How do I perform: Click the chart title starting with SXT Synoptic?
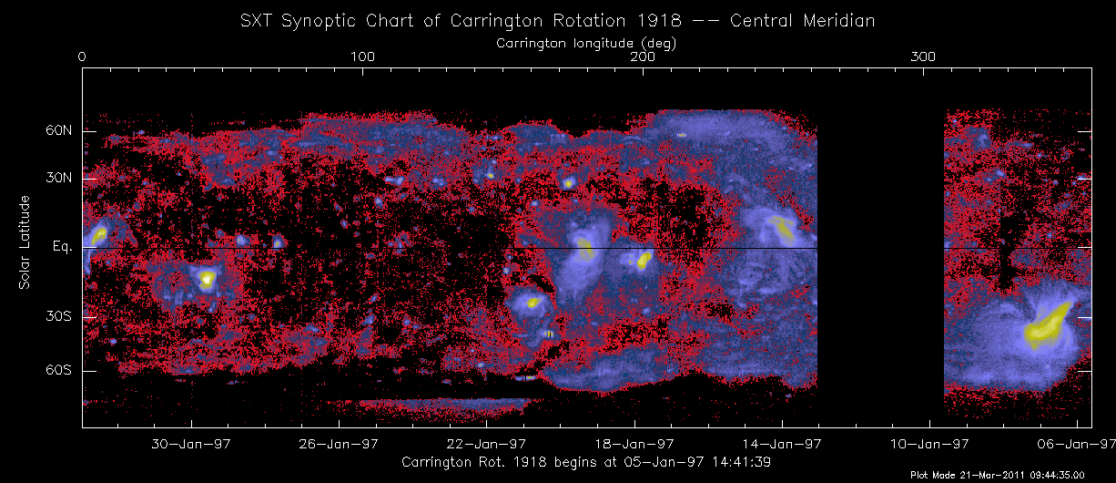557,21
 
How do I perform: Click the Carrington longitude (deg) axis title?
584,43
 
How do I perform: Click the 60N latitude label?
58,131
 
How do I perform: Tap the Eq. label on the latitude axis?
62,248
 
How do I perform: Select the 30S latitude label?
58,317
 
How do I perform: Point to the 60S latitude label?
58,371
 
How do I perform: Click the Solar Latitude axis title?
26,242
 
